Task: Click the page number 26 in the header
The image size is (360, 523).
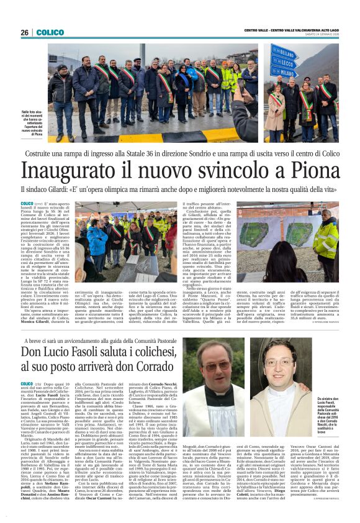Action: coord(25,32)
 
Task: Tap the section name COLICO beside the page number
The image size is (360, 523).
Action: coord(50,32)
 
